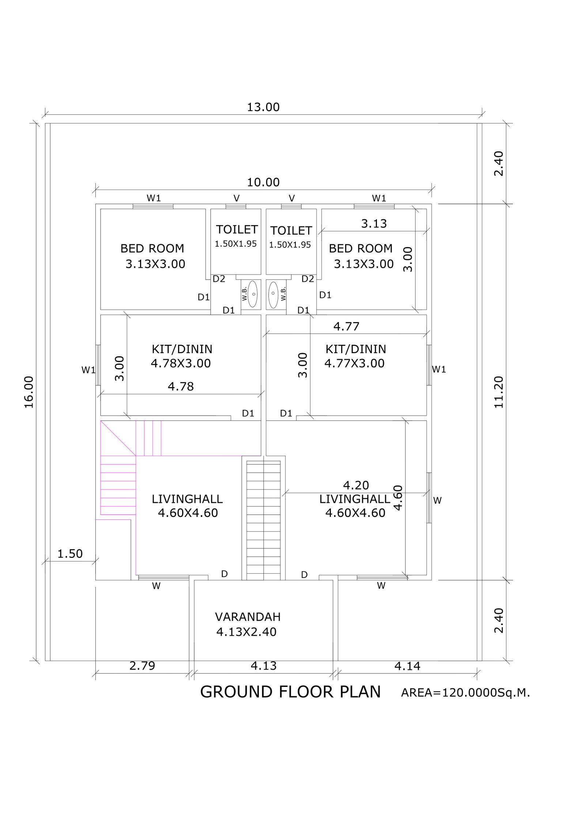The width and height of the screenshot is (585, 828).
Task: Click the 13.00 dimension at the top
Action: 263,107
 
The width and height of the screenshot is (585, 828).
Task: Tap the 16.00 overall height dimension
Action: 29,392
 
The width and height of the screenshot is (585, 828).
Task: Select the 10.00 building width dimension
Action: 263,182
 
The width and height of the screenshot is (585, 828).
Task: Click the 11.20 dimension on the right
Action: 499,392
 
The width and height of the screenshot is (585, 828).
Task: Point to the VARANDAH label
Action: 248,617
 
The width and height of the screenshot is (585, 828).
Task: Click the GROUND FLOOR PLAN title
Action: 290,692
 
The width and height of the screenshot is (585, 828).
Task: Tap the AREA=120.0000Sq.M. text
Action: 465,693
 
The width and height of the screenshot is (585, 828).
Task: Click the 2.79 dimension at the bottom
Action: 142,666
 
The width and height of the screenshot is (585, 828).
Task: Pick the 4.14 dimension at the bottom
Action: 407,666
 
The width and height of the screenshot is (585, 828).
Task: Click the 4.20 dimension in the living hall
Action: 356,485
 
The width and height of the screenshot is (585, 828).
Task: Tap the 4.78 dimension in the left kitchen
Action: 181,386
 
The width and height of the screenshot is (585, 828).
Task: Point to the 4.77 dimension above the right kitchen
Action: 346,326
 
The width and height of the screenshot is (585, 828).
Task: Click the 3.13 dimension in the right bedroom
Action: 374,223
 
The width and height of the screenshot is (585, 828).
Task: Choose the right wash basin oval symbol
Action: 273,294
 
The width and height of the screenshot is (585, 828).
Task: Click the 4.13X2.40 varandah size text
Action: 246,632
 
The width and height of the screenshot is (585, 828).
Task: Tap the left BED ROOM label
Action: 152,249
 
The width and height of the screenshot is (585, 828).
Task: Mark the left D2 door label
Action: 219,279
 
